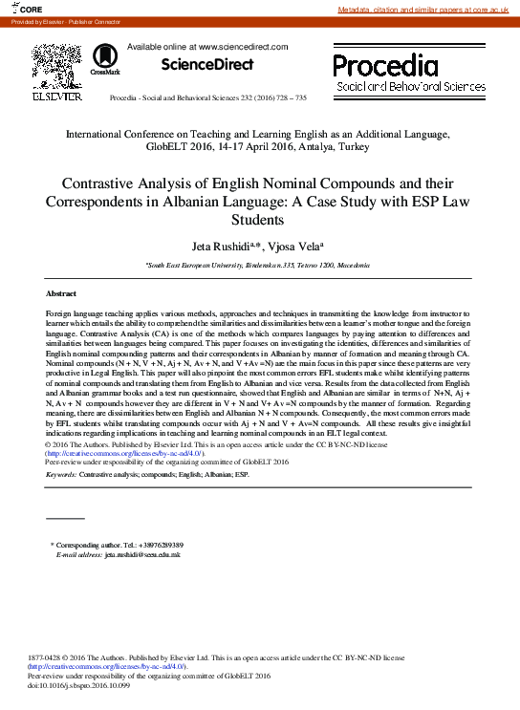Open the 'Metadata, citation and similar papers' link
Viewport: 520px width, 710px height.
click(426, 9)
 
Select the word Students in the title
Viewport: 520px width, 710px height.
click(260, 220)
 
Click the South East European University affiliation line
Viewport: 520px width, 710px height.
click(258, 264)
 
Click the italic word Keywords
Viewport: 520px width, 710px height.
click(60, 474)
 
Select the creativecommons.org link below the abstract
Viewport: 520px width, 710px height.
click(125, 453)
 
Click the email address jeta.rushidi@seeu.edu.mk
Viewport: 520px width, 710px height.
click(142, 554)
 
